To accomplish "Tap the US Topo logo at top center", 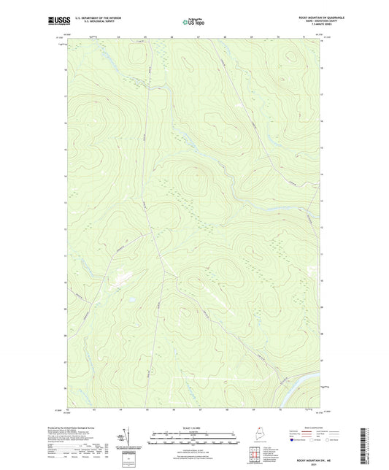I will tap(191, 22).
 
